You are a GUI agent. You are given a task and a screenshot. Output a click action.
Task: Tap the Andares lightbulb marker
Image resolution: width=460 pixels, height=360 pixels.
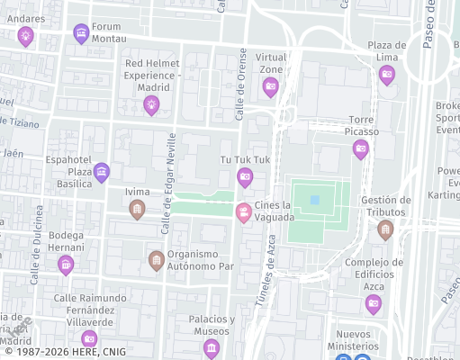click(25, 36)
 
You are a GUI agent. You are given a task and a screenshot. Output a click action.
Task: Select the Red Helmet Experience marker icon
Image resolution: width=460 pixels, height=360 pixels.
click(151, 105)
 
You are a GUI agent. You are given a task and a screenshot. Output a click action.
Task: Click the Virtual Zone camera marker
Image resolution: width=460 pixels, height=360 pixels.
click(270, 87)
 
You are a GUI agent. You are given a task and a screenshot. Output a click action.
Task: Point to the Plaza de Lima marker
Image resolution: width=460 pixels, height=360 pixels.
click(387, 76)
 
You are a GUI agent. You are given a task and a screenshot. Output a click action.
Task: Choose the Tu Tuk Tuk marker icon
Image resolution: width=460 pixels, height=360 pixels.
click(245, 177)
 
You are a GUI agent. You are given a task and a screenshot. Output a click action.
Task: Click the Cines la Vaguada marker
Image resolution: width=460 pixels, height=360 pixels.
click(243, 212)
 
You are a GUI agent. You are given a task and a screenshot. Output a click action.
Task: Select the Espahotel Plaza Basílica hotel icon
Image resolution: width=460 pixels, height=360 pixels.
click(101, 171)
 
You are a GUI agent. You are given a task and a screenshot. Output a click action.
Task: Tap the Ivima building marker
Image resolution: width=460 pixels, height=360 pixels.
click(137, 210)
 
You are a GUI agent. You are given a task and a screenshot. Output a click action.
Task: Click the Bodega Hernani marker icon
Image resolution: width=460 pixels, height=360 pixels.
click(65, 265)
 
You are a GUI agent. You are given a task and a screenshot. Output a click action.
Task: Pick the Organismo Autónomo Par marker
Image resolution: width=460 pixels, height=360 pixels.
click(156, 261)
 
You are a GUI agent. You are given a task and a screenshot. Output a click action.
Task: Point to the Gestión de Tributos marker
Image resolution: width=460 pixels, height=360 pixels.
click(385, 229)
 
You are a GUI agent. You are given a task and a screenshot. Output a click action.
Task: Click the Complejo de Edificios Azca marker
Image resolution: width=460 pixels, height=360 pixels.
click(374, 304)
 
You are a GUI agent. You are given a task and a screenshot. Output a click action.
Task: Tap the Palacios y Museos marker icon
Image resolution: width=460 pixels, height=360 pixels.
click(212, 347)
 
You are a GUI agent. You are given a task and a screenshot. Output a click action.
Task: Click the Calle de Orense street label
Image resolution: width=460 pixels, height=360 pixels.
click(241, 85)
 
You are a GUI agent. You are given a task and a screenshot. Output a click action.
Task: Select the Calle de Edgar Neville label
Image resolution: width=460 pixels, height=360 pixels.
click(167, 184)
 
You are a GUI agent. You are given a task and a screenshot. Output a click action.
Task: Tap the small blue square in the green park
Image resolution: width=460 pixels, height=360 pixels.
click(315, 200)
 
